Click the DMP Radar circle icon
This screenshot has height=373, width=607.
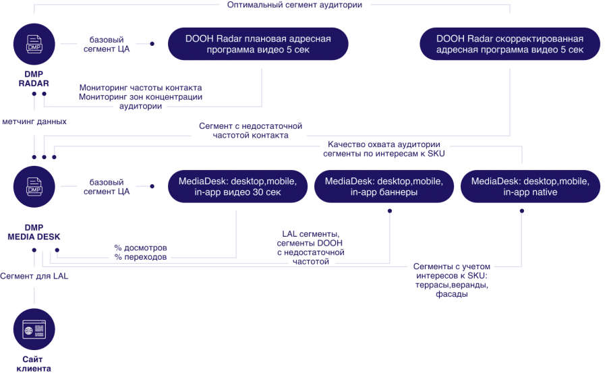tap(34, 45)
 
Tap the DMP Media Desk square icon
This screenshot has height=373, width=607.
tap(34, 186)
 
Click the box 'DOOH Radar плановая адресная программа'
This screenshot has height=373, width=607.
tap(258, 45)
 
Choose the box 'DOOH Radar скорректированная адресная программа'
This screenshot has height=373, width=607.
tap(509, 45)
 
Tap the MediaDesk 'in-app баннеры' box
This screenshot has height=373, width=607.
tap(384, 187)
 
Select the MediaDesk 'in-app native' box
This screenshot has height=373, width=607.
tap(530, 187)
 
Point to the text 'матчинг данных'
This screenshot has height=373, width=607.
tap(34, 123)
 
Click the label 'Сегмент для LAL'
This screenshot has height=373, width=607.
tap(34, 276)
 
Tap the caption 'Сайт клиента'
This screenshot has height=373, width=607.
tap(34, 364)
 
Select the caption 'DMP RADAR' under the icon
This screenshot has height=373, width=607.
tap(34, 78)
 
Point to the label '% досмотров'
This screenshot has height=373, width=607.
tap(141, 248)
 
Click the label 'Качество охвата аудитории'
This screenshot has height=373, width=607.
tap(384, 144)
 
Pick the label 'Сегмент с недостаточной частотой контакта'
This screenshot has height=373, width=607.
tap(250, 131)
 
